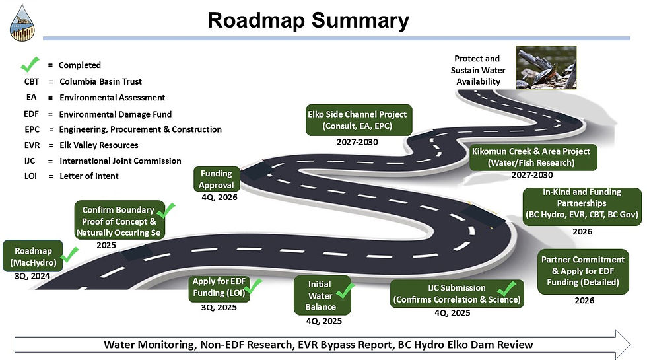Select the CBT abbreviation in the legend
pos(31,81)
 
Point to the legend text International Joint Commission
pos(119,161)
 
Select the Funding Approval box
pos(216,178)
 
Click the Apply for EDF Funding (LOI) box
pos(220,289)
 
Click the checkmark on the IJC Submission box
pos(506,289)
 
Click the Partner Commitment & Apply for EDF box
pos(582,271)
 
